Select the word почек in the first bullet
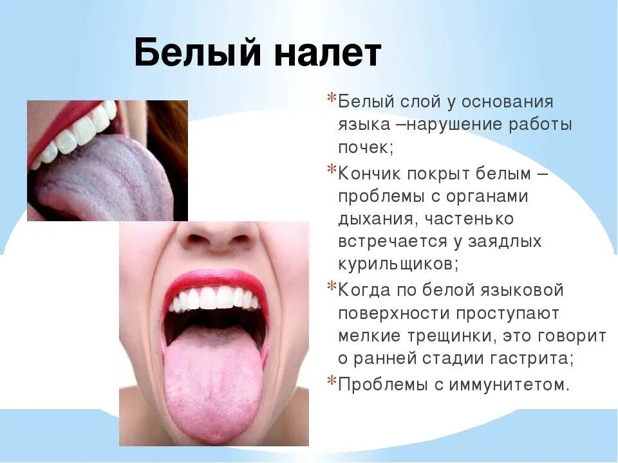[363, 147]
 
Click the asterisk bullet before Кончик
[332, 170]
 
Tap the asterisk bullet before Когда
[332, 287]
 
